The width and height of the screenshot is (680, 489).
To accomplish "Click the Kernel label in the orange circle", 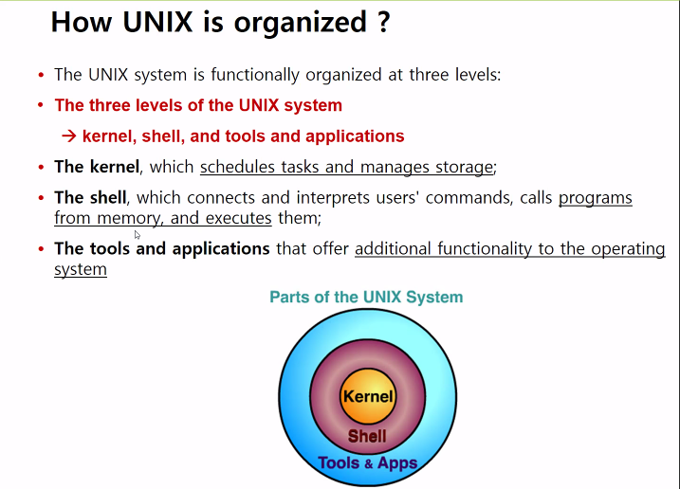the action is pyautogui.click(x=368, y=397).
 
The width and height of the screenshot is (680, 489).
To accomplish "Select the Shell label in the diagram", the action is pyautogui.click(x=367, y=436).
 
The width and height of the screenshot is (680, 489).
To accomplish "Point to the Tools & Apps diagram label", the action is pyautogui.click(x=367, y=463).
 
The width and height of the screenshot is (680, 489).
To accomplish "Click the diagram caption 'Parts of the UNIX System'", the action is pyautogui.click(x=366, y=297).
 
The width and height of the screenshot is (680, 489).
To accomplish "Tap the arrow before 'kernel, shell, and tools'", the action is pyautogui.click(x=68, y=136).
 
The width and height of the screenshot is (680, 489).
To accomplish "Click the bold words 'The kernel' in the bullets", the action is pyautogui.click(x=97, y=167).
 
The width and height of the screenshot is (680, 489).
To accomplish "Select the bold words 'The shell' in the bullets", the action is pyautogui.click(x=91, y=197).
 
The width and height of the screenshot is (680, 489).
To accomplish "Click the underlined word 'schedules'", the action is pyautogui.click(x=237, y=167).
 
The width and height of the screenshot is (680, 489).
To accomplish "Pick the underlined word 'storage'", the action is pyautogui.click(x=462, y=167).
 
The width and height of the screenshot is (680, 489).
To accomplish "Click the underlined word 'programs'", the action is pyautogui.click(x=595, y=197).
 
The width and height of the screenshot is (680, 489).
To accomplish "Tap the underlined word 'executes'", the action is pyautogui.click(x=240, y=218).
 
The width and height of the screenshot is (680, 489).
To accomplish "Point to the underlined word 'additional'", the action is pyautogui.click(x=393, y=248).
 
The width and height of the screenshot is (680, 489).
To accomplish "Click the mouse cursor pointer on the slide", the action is pyautogui.click(x=138, y=235).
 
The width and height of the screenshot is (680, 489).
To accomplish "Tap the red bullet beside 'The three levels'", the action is pyautogui.click(x=41, y=106).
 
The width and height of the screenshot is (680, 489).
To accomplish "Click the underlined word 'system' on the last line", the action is pyautogui.click(x=81, y=269).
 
